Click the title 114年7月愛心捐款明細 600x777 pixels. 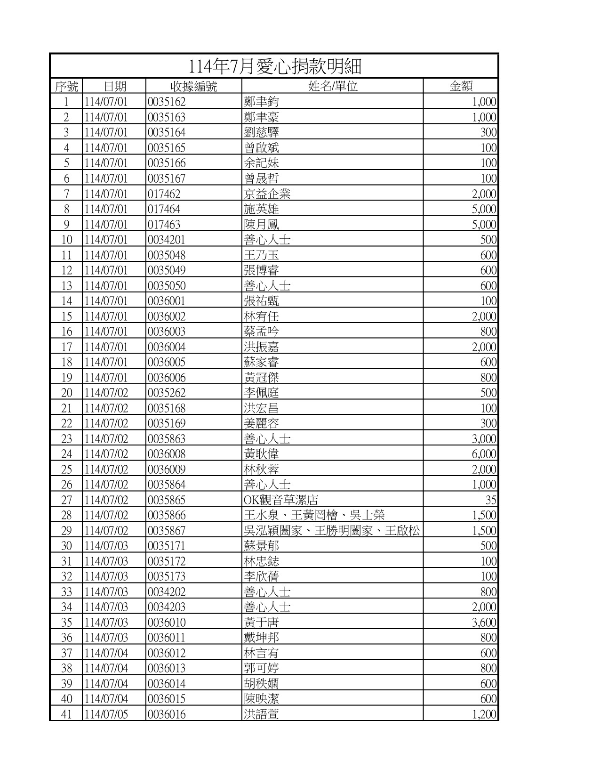point(275,66)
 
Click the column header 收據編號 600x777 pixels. point(193,86)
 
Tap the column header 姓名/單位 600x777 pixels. point(332,86)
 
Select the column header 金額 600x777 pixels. point(461,86)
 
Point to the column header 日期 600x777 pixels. point(114,86)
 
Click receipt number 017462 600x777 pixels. point(164,194)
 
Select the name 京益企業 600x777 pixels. point(267,194)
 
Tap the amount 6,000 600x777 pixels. point(484,454)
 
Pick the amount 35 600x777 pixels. point(491,500)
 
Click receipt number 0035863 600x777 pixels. point(167,439)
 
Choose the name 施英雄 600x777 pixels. point(261,209)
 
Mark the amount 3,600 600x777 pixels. point(484,623)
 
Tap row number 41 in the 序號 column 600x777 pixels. point(66,714)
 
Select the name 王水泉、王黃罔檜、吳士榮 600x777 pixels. point(314,515)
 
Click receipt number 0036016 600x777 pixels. point(167,714)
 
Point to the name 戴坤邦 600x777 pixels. point(261,638)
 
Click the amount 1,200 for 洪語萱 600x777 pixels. point(484,714)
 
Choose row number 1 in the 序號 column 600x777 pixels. point(66,102)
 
